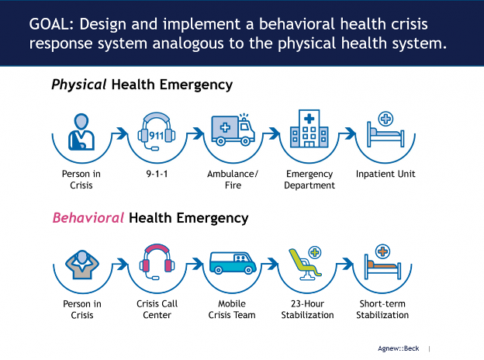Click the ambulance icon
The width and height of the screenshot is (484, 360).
(233, 130)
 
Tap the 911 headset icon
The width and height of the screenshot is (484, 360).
(157, 131)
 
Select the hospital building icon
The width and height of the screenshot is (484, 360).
(309, 129)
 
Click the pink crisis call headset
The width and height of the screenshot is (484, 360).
(157, 261)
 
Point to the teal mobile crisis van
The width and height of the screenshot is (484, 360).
(233, 263)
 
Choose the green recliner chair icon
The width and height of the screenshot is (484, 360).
(305, 265)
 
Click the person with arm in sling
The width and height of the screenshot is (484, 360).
(81, 132)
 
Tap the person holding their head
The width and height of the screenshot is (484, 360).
(82, 265)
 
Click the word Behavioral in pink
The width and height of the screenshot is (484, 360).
(88, 218)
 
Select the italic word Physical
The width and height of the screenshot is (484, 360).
(79, 85)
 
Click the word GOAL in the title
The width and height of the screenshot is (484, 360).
(51, 24)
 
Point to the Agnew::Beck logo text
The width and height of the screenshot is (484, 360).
(398, 348)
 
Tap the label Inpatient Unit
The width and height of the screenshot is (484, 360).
(385, 174)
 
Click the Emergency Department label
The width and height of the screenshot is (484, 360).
(309, 180)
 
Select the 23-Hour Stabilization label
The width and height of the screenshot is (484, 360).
(307, 310)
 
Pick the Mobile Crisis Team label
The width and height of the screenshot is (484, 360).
(232, 310)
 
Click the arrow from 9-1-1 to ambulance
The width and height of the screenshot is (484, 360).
(195, 133)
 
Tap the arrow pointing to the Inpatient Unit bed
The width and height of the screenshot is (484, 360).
(347, 133)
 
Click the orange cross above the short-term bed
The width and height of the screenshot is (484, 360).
(382, 251)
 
